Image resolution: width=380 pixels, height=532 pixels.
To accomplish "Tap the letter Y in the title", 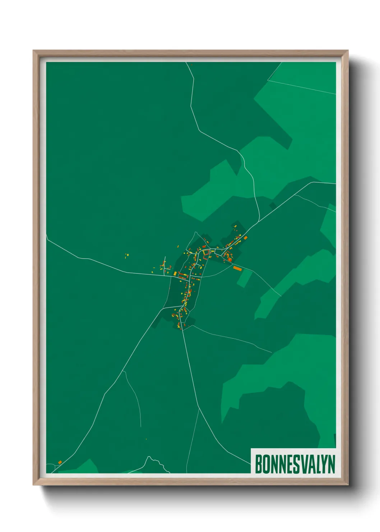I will [x=321, y=464].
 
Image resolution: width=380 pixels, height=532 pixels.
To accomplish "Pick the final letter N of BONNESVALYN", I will [x=331, y=464].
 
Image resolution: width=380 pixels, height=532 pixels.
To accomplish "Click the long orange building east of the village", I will [x=237, y=268].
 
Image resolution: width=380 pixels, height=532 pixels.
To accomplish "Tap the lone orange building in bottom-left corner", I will [x=60, y=462].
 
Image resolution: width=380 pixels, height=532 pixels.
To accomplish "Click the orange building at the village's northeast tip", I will [x=246, y=238].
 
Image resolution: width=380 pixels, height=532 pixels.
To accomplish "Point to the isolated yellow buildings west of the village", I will [x=126, y=256].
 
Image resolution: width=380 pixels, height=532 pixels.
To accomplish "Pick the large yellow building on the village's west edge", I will [x=175, y=274].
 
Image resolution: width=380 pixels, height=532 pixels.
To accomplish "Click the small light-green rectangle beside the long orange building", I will [x=244, y=278].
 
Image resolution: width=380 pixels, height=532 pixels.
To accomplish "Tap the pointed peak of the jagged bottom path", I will [x=148, y=457].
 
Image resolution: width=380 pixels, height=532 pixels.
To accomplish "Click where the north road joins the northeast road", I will [x=259, y=221].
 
